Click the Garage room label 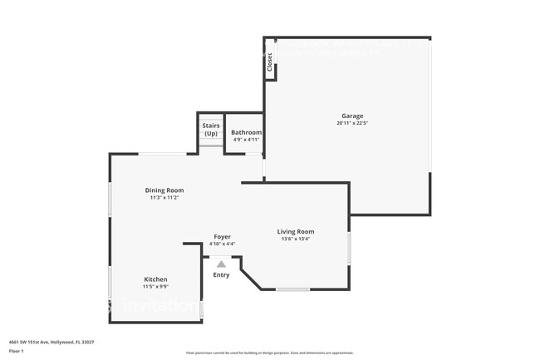click(x=352, y=116)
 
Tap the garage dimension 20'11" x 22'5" click(x=352, y=123)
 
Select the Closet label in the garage click(x=269, y=62)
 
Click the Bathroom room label click(x=246, y=132)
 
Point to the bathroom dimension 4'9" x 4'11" click(x=246, y=140)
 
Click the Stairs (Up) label click(x=211, y=129)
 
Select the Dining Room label click(x=164, y=190)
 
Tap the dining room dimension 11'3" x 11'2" click(x=164, y=198)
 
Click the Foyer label click(x=222, y=236)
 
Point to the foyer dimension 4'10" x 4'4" click(x=222, y=244)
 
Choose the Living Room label click(x=296, y=231)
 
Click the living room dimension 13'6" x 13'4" click(x=296, y=239)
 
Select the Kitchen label click(x=155, y=279)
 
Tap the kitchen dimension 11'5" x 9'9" click(x=155, y=287)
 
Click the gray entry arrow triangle click(x=221, y=264)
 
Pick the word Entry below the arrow click(x=221, y=275)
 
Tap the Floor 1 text click(x=17, y=350)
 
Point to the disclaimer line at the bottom click(x=270, y=354)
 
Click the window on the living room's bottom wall click(x=292, y=289)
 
